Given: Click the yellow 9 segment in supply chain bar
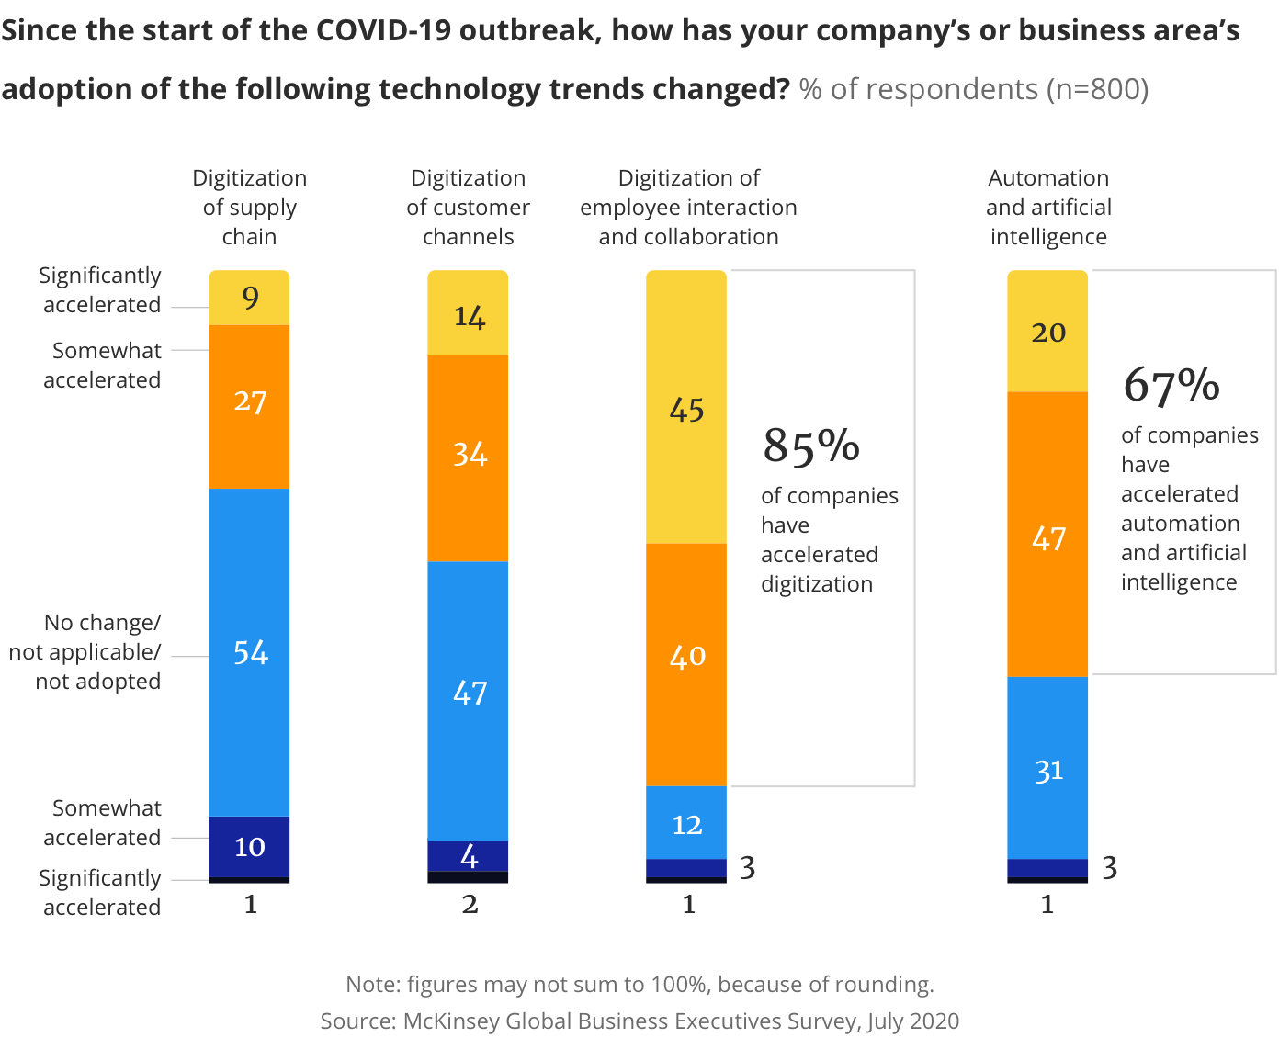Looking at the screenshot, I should tap(249, 298).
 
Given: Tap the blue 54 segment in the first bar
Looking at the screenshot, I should tap(249, 652).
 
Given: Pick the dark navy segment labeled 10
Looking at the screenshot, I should tap(249, 846).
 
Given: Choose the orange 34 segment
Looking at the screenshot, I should tap(468, 457).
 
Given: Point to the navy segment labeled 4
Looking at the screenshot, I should tap(468, 855).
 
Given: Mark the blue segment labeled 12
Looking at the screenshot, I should tap(686, 823).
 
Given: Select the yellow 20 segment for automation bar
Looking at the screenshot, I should tap(1047, 332).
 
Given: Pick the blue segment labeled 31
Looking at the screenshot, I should tap(1047, 770).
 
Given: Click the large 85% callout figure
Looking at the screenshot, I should tap(811, 446).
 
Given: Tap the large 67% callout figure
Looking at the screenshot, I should tap(1171, 386).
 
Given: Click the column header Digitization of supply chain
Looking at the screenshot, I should tap(249, 207).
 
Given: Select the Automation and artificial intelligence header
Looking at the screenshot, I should tap(1048, 207).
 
